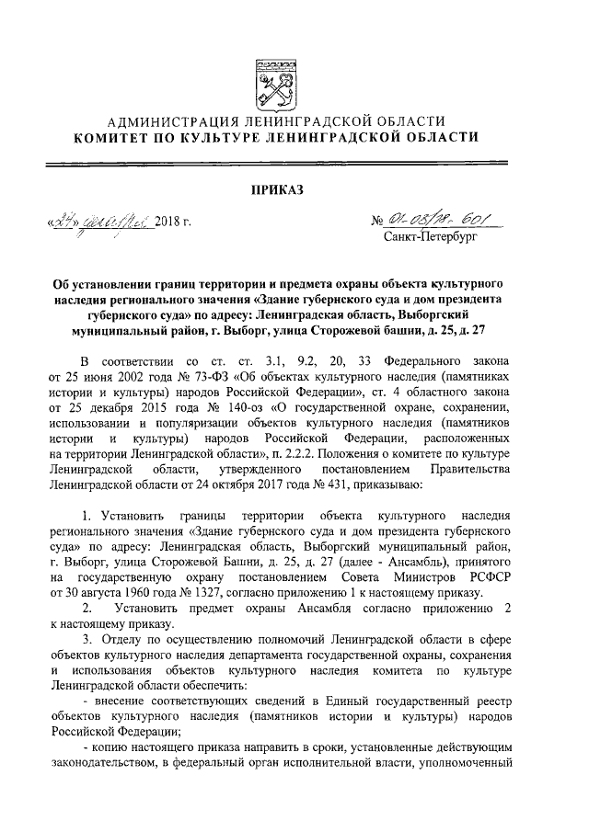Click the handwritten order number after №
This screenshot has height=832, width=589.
437,221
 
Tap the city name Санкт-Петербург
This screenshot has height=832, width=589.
428,240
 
